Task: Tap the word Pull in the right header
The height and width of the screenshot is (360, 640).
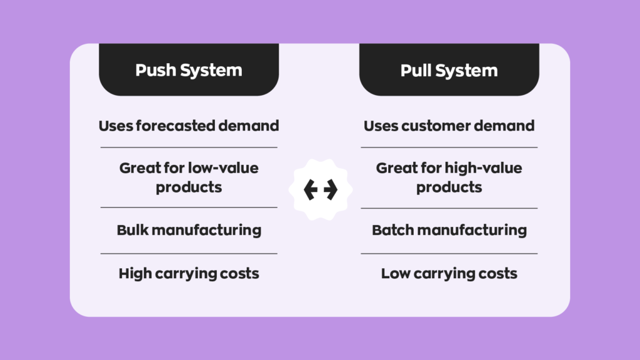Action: click(416, 70)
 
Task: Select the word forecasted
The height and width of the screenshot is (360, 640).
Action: click(175, 126)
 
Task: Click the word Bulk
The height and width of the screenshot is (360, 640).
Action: click(132, 230)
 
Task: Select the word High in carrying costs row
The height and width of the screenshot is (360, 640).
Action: click(134, 274)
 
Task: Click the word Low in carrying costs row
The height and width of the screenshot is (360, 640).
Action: click(396, 274)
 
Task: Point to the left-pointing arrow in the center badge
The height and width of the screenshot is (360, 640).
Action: click(311, 190)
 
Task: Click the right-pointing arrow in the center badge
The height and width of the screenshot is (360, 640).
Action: click(331, 190)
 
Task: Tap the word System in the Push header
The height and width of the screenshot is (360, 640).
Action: click(211, 71)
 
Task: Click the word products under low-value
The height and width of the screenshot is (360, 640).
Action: click(189, 187)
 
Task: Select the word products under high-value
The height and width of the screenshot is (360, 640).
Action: click(449, 187)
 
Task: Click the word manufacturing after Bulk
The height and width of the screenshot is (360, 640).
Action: click(206, 230)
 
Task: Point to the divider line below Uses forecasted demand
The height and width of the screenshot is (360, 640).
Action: click(189, 147)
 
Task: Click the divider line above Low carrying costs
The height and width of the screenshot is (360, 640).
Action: click(449, 254)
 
